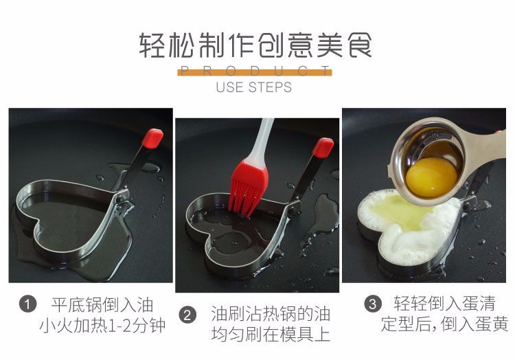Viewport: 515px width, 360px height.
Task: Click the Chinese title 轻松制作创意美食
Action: (x=255, y=46)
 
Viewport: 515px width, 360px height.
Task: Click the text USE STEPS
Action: (x=254, y=87)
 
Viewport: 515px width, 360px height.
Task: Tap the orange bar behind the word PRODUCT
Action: (x=254, y=71)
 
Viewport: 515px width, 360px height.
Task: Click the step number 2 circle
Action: (x=187, y=315)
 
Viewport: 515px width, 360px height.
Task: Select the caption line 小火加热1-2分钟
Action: (x=102, y=325)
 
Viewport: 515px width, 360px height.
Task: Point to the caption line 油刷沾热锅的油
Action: (x=270, y=315)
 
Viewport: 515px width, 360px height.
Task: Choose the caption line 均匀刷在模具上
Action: (x=270, y=335)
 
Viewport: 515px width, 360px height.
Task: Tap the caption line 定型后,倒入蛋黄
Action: (x=444, y=324)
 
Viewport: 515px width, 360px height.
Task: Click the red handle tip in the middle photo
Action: (x=322, y=147)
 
